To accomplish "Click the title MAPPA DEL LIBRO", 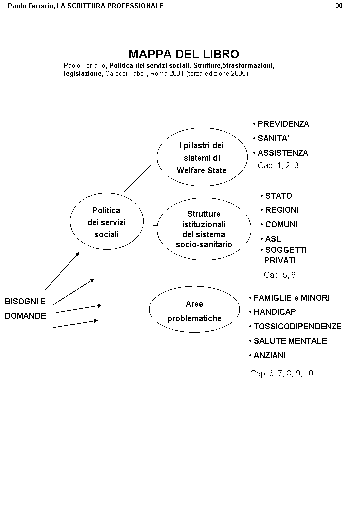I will (x=184, y=54).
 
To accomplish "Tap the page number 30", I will (x=339, y=5).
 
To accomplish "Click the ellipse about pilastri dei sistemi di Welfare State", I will (x=202, y=157).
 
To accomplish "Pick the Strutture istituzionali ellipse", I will (x=204, y=229).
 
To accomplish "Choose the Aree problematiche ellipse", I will (x=194, y=310).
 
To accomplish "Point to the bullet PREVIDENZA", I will (x=283, y=124).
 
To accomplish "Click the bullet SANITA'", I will (x=273, y=138).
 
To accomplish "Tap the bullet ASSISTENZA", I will (x=282, y=153).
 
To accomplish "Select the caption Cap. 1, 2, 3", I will (x=278, y=165).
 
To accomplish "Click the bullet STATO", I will (x=278, y=196).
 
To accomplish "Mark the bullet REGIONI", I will (x=281, y=210).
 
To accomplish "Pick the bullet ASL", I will (x=273, y=239).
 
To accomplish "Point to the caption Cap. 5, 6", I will (x=279, y=275).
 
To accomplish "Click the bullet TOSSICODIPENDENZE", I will (x=297, y=326).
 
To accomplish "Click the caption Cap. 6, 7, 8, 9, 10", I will (x=281, y=373).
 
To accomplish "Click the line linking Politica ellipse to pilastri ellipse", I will (x=137, y=178).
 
